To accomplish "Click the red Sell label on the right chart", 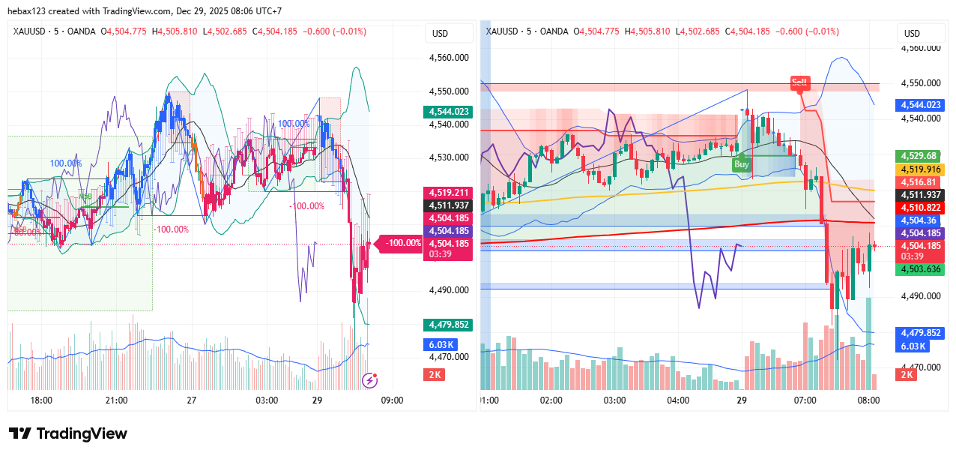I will click(x=799, y=82).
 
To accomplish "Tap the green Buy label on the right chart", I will click(x=742, y=164).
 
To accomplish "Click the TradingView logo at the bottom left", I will click(x=68, y=433).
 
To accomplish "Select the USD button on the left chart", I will click(x=439, y=34).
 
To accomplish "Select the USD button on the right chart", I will click(x=912, y=34).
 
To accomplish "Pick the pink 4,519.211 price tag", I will click(x=447, y=193).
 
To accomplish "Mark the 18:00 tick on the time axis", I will click(x=41, y=400).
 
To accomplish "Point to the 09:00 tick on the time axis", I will click(x=393, y=400).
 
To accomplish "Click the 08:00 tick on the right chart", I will click(x=868, y=400).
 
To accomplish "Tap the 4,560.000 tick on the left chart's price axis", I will click(x=449, y=57).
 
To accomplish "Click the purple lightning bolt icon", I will click(x=369, y=380).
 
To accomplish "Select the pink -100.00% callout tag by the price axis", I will click(x=402, y=243).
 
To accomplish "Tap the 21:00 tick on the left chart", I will click(x=116, y=400).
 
